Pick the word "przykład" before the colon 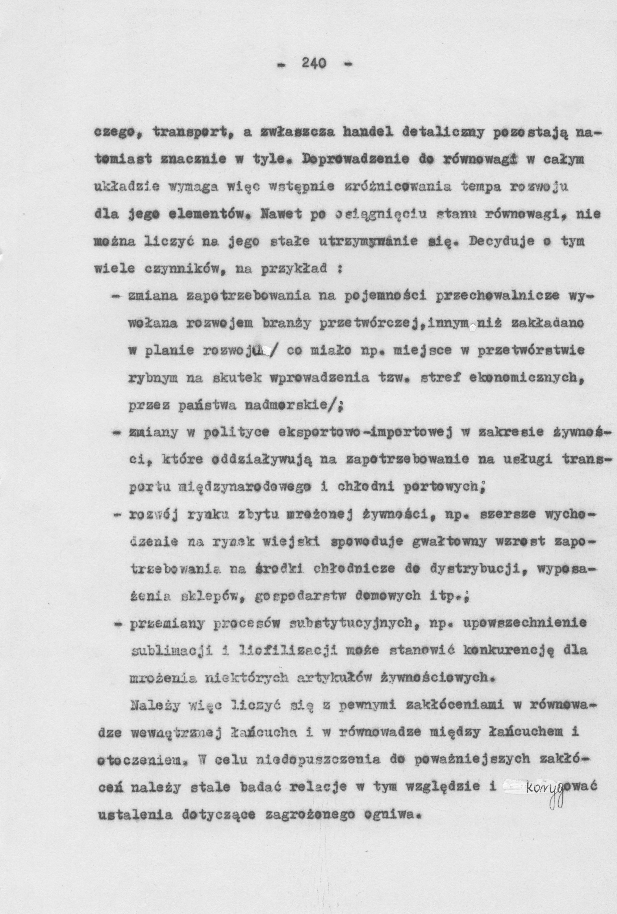pyautogui.click(x=303, y=270)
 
